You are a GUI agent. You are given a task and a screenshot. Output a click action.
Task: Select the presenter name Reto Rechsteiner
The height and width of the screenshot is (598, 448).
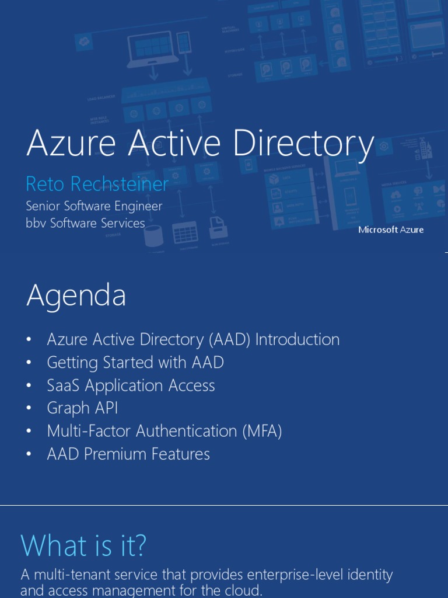(97, 184)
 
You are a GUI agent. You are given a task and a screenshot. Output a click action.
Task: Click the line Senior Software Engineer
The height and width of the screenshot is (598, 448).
(94, 206)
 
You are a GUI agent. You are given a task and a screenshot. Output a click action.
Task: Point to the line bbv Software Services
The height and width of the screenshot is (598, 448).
(85, 223)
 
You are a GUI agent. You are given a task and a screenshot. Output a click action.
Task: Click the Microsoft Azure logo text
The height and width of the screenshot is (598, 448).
(391, 230)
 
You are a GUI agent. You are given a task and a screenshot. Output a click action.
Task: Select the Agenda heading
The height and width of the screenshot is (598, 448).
(76, 295)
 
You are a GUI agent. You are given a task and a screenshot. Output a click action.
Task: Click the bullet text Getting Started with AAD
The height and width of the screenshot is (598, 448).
(135, 363)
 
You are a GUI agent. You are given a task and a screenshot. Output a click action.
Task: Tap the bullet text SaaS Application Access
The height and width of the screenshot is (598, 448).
(131, 385)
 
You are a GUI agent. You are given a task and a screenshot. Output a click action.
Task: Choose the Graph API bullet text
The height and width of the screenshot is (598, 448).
(82, 408)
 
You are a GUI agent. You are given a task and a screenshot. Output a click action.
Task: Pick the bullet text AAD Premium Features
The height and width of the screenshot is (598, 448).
(128, 454)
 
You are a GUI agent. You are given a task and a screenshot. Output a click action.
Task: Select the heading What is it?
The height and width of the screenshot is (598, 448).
(83, 545)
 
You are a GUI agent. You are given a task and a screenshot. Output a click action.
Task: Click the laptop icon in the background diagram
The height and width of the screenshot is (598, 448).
(152, 49)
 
